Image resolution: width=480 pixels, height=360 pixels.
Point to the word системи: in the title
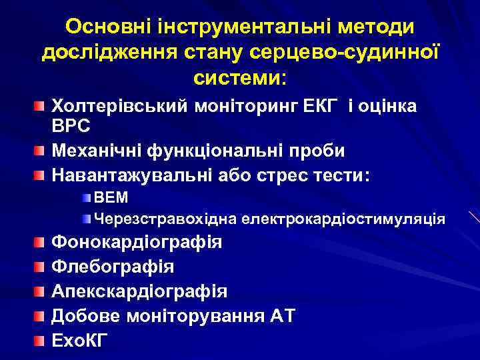(x=240, y=78)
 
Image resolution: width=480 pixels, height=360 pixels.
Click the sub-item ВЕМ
(x=111, y=198)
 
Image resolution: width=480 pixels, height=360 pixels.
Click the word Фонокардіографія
(x=137, y=241)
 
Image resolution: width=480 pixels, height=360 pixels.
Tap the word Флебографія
(x=113, y=267)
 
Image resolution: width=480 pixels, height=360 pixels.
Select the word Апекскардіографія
(x=139, y=291)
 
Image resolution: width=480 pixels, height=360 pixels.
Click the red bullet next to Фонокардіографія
(x=41, y=241)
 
